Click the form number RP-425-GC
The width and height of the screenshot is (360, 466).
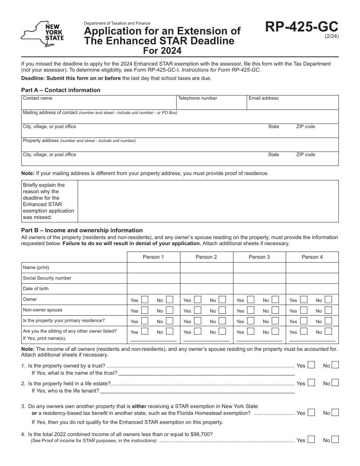pyautogui.click(x=302, y=27)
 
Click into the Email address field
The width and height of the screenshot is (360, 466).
pyautogui.click(x=292, y=105)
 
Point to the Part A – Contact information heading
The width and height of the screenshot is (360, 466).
pyautogui.click(x=61, y=90)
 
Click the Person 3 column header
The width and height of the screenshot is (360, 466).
pyautogui.click(x=259, y=257)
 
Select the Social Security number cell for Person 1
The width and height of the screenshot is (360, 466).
pyautogui.click(x=153, y=278)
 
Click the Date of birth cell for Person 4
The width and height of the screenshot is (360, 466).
pyautogui.click(x=312, y=289)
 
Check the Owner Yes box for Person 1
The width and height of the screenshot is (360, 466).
pyautogui.click(x=144, y=300)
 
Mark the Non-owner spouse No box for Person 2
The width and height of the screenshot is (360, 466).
pyautogui.click(x=222, y=310)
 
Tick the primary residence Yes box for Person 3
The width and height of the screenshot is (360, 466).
pyautogui.click(x=250, y=321)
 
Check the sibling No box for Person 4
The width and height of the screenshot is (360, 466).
pyautogui.click(x=328, y=331)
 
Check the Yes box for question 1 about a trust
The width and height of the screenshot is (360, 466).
pyautogui.click(x=311, y=365)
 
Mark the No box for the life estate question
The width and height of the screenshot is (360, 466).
pyautogui.click(x=335, y=383)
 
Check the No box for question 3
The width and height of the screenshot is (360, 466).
pyautogui.click(x=335, y=412)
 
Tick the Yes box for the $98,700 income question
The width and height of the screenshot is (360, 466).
pyautogui.click(x=311, y=439)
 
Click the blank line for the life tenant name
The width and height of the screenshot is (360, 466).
pyautogui.click(x=197, y=391)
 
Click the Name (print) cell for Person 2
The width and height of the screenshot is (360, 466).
pyautogui.click(x=206, y=267)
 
